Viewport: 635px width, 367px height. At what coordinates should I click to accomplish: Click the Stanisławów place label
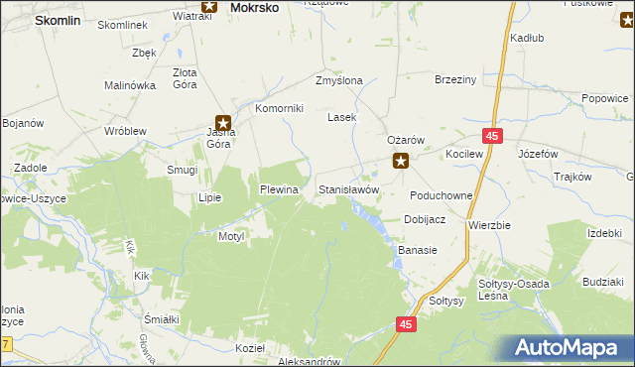click(348, 188)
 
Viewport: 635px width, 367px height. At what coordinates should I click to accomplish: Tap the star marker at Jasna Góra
click(224, 124)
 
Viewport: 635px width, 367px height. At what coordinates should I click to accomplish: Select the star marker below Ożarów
click(401, 161)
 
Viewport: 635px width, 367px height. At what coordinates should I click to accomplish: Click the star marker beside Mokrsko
click(208, 6)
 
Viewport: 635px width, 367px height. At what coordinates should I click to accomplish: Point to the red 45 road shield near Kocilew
click(493, 135)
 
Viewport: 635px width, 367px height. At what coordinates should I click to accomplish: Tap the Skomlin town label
click(56, 20)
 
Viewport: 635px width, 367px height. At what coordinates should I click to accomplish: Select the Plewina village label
click(279, 188)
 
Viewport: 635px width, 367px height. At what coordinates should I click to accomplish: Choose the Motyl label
click(231, 236)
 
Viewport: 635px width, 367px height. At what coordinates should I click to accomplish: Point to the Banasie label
click(418, 250)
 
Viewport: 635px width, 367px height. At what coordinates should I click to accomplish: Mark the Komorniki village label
click(279, 109)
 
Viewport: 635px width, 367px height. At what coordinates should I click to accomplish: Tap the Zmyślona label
click(338, 81)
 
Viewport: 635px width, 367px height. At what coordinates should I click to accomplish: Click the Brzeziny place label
click(456, 81)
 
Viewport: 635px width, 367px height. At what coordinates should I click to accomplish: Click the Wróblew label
click(126, 130)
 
